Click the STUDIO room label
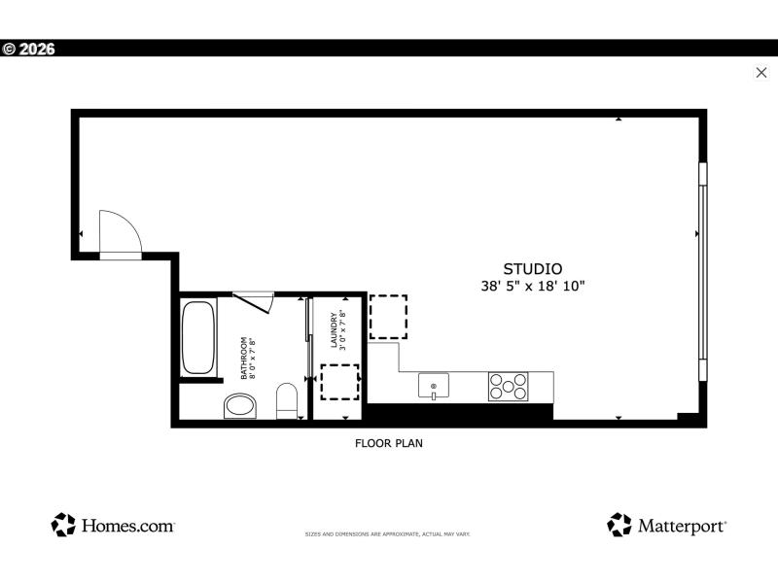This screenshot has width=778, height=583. pyautogui.click(x=532, y=269)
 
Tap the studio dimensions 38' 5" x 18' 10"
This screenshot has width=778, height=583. pyautogui.click(x=532, y=287)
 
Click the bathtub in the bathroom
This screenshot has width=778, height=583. pyautogui.click(x=198, y=338)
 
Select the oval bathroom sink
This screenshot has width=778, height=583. pyautogui.click(x=239, y=405)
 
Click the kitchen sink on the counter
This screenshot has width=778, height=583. pyautogui.click(x=433, y=386)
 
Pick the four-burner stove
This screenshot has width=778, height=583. pyautogui.click(x=507, y=387)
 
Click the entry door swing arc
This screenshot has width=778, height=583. pyautogui.click(x=121, y=233)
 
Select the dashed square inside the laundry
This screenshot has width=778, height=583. pyautogui.click(x=339, y=382)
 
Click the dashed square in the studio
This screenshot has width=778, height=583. pyautogui.click(x=388, y=317)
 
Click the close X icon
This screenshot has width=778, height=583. pyautogui.click(x=761, y=72)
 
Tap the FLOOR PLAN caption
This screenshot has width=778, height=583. pyautogui.click(x=388, y=443)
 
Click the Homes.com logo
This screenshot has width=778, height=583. pyautogui.click(x=113, y=525)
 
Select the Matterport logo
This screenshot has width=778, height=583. pyautogui.click(x=667, y=525)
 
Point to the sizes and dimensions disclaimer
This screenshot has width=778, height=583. pyautogui.click(x=388, y=534)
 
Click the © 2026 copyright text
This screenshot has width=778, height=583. pyautogui.click(x=29, y=49)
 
